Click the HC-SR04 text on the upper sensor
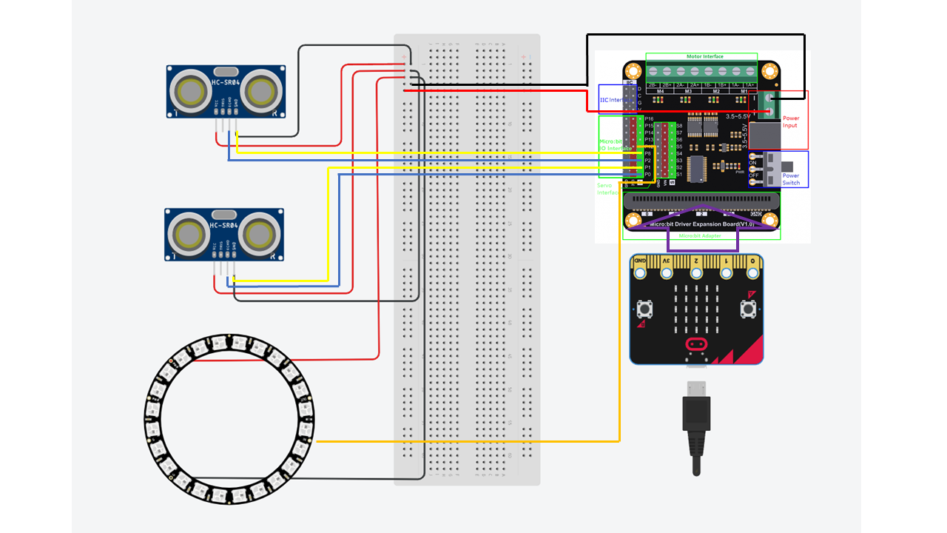[225, 81]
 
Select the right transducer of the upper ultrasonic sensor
[260, 92]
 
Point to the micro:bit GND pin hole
[641, 273]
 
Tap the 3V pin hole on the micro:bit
[667, 273]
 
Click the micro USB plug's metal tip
[695, 389]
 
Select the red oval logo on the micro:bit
[695, 343]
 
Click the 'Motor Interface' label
[704, 56]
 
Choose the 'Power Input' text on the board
[791, 121]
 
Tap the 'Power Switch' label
[791, 180]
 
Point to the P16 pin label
[649, 118]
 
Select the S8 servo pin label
[679, 126]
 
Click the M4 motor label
[659, 91]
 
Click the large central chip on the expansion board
[699, 169]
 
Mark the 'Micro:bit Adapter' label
[700, 235]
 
